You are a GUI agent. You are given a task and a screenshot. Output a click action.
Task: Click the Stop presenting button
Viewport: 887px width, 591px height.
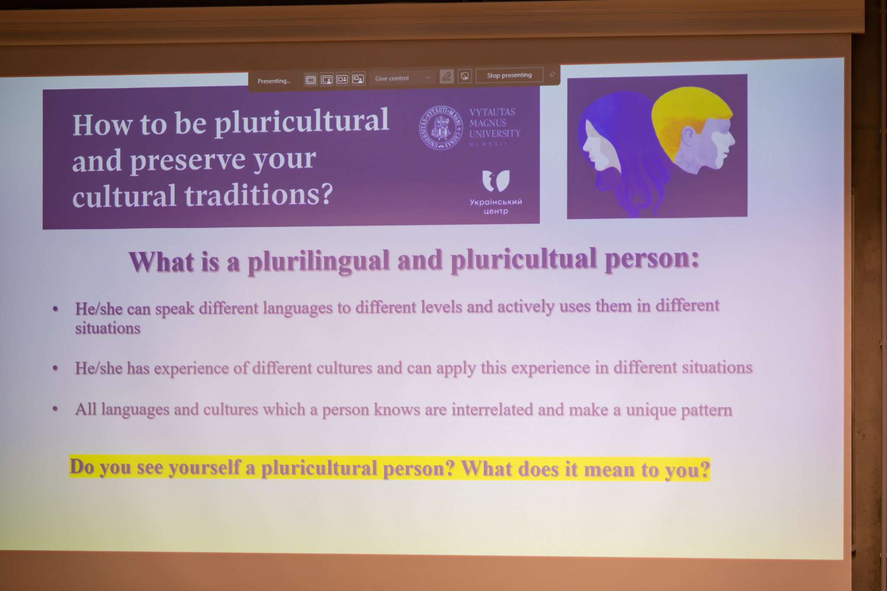(509, 75)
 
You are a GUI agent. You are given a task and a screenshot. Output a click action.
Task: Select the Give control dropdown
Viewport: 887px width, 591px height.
(402, 78)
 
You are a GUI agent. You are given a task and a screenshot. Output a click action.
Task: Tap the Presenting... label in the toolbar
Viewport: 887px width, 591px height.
(274, 81)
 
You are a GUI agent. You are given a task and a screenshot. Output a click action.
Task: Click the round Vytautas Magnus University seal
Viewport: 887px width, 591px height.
(440, 128)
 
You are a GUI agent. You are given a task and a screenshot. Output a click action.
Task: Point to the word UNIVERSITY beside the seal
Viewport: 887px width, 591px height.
(495, 134)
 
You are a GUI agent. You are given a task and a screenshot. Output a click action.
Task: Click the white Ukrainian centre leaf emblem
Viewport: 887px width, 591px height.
(496, 181)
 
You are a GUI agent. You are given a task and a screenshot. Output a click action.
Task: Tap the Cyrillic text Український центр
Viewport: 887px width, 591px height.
(496, 207)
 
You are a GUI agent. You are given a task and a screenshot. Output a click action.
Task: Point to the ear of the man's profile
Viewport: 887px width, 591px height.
(687, 138)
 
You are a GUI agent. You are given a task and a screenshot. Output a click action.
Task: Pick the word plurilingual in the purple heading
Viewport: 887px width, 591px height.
(318, 262)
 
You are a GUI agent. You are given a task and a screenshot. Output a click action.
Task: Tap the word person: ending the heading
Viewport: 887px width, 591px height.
(652, 259)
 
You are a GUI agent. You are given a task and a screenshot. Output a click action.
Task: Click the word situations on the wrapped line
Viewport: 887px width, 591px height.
(108, 328)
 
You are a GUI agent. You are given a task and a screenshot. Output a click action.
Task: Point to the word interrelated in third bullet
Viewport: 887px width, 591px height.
(492, 410)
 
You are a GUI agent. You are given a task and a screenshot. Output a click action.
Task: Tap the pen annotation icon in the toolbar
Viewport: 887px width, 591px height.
(447, 77)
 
